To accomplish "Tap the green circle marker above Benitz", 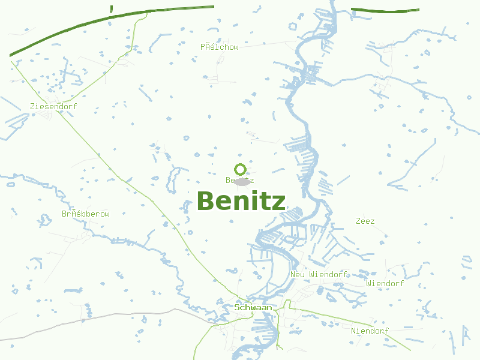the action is click(240, 169).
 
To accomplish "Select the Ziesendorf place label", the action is click(53, 106).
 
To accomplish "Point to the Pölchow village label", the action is click(220, 46).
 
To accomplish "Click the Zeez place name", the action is click(365, 221).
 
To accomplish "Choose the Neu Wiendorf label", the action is click(319, 274).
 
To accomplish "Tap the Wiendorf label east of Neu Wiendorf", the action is click(385, 283).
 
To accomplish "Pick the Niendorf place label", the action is click(370, 331).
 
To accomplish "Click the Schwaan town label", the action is click(253, 307).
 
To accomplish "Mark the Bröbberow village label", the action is click(86, 214).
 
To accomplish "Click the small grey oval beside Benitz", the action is click(242, 181).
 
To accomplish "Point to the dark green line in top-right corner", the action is click(384, 10).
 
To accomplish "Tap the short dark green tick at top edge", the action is click(112, 8).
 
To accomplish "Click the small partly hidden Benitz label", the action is click(231, 180).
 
